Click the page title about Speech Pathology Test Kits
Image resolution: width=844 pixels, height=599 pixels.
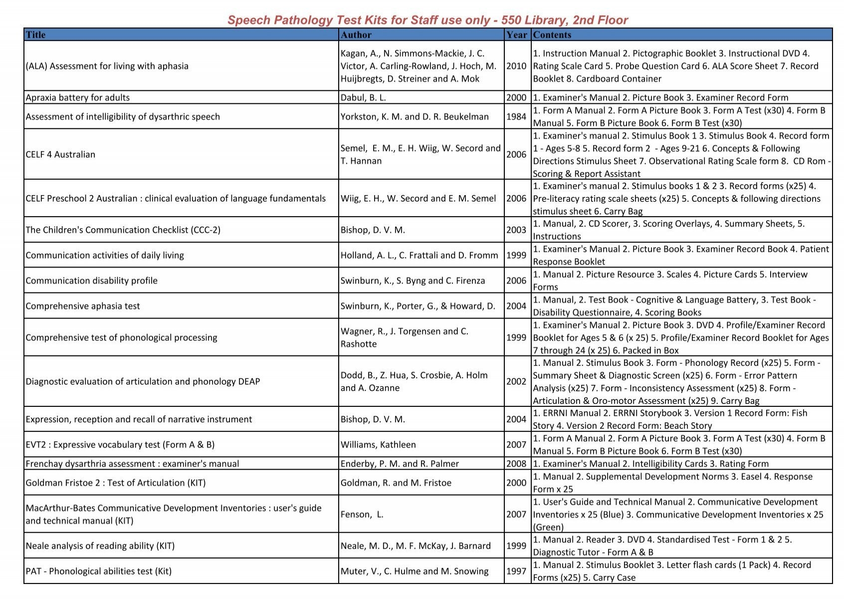point(427,20)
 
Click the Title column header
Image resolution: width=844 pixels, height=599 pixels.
point(35,35)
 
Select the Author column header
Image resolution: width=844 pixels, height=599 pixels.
point(356,35)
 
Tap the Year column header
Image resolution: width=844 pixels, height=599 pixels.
point(516,35)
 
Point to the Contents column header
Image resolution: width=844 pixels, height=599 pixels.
point(552,35)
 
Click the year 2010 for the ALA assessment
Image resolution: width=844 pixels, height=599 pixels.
point(516,66)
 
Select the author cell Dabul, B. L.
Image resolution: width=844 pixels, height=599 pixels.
point(363,98)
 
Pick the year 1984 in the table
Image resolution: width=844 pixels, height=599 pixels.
point(516,117)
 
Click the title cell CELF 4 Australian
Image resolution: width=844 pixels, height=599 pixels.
point(60,154)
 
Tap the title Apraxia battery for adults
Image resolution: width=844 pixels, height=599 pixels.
point(77,98)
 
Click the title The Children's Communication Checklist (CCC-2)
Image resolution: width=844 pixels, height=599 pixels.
point(123,230)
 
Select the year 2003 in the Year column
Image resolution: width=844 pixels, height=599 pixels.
point(516,230)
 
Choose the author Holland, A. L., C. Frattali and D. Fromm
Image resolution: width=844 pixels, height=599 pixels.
point(419,256)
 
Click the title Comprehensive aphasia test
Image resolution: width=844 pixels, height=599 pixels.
point(83,306)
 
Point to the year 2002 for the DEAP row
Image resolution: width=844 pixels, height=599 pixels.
point(516,381)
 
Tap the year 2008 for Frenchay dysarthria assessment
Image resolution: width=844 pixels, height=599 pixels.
point(516,464)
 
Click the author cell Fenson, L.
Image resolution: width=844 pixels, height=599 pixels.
point(362,514)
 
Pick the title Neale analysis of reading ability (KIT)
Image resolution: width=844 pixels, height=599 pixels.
point(100,546)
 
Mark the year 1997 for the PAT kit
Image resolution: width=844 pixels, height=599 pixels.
point(516,572)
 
